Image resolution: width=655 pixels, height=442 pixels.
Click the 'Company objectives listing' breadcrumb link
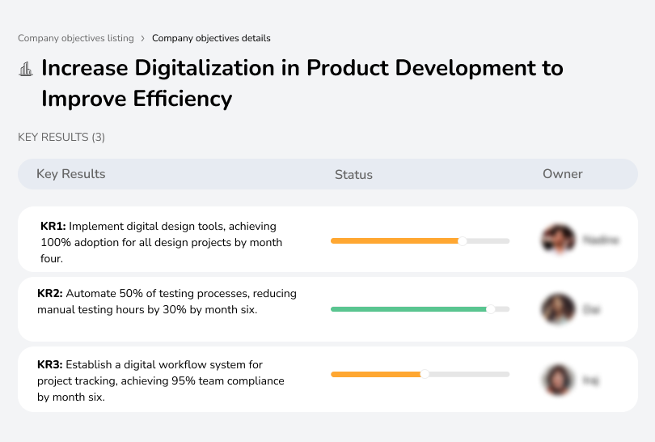click(x=76, y=38)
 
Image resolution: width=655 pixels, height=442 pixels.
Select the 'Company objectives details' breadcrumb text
click(x=211, y=38)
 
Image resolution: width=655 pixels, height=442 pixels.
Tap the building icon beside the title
click(x=26, y=69)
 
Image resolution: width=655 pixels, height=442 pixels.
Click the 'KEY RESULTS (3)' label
click(x=61, y=138)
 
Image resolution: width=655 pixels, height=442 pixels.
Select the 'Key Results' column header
click(x=71, y=174)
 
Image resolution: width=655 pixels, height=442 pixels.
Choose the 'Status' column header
click(x=353, y=175)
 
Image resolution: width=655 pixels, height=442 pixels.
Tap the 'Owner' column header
click(x=563, y=174)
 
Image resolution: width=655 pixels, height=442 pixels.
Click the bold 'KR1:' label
click(x=53, y=227)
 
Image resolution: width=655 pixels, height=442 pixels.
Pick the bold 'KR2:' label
click(x=50, y=293)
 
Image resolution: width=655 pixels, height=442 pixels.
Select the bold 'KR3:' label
click(x=50, y=365)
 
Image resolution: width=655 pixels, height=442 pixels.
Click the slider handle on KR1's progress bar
click(x=463, y=240)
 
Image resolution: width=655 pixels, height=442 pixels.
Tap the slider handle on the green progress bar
click(x=490, y=309)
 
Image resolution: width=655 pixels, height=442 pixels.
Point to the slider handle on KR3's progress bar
click(x=425, y=374)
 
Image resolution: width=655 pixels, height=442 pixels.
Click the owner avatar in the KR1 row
click(x=558, y=240)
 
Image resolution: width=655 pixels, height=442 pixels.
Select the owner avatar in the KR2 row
click(x=558, y=308)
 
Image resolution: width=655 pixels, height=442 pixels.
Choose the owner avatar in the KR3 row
click(x=558, y=379)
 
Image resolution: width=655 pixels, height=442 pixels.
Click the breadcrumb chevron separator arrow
click(x=143, y=38)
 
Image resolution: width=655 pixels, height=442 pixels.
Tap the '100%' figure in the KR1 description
click(x=54, y=243)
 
